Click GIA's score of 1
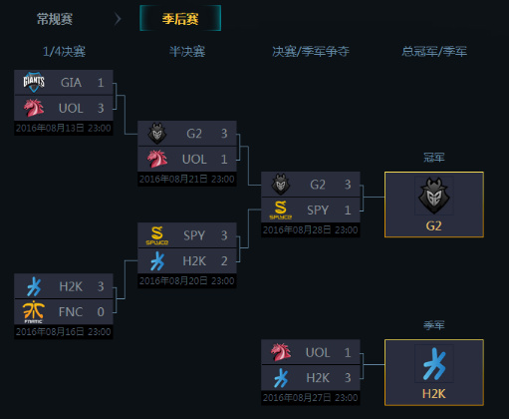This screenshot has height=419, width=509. tap(101, 83)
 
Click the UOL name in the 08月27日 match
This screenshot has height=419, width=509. tap(318, 353)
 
